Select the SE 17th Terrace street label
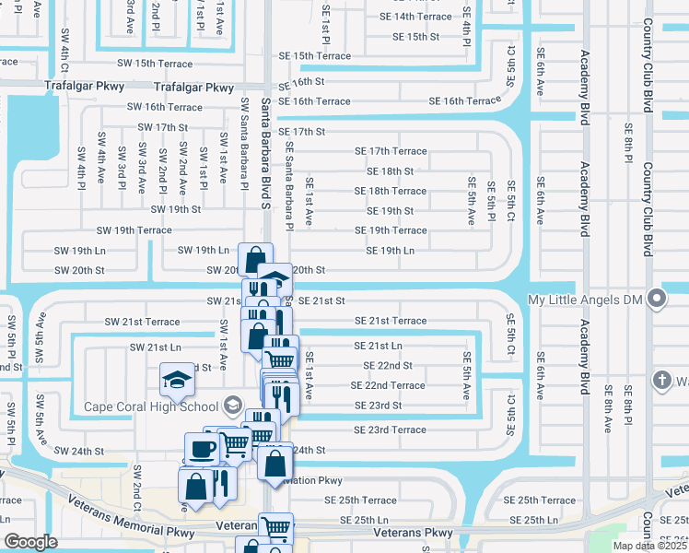391,151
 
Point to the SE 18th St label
390,171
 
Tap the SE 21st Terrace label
391,321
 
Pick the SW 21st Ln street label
155,347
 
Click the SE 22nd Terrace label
388,385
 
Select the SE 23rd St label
378,406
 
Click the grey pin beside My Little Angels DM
656,299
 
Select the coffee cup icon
202,449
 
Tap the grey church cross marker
660,380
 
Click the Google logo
30,542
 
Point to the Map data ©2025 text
648,546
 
